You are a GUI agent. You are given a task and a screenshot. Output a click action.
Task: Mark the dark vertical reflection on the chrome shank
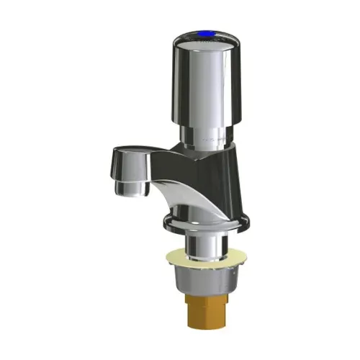coord(193,243)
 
